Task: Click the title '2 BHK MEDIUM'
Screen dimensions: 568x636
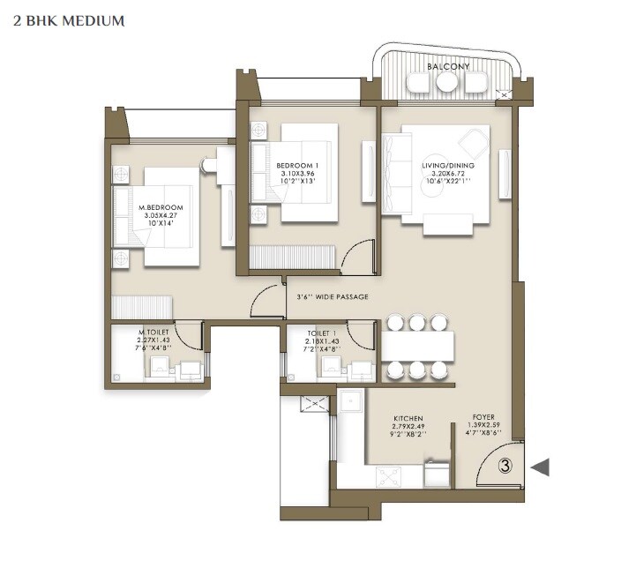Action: point(69,19)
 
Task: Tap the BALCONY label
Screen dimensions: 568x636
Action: point(448,66)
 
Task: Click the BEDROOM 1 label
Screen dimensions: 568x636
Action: point(296,165)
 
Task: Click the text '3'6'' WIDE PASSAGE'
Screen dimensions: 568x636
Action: point(333,296)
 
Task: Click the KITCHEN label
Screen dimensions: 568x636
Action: point(408,418)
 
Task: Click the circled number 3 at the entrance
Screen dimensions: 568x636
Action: point(505,467)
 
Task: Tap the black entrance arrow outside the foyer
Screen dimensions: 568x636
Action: point(540,467)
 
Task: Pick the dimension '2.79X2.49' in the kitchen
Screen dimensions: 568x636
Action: point(408,427)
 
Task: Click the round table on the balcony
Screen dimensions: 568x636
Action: point(447,82)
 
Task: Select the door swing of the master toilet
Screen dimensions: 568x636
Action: point(188,334)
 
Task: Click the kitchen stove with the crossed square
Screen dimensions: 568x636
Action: point(388,476)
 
